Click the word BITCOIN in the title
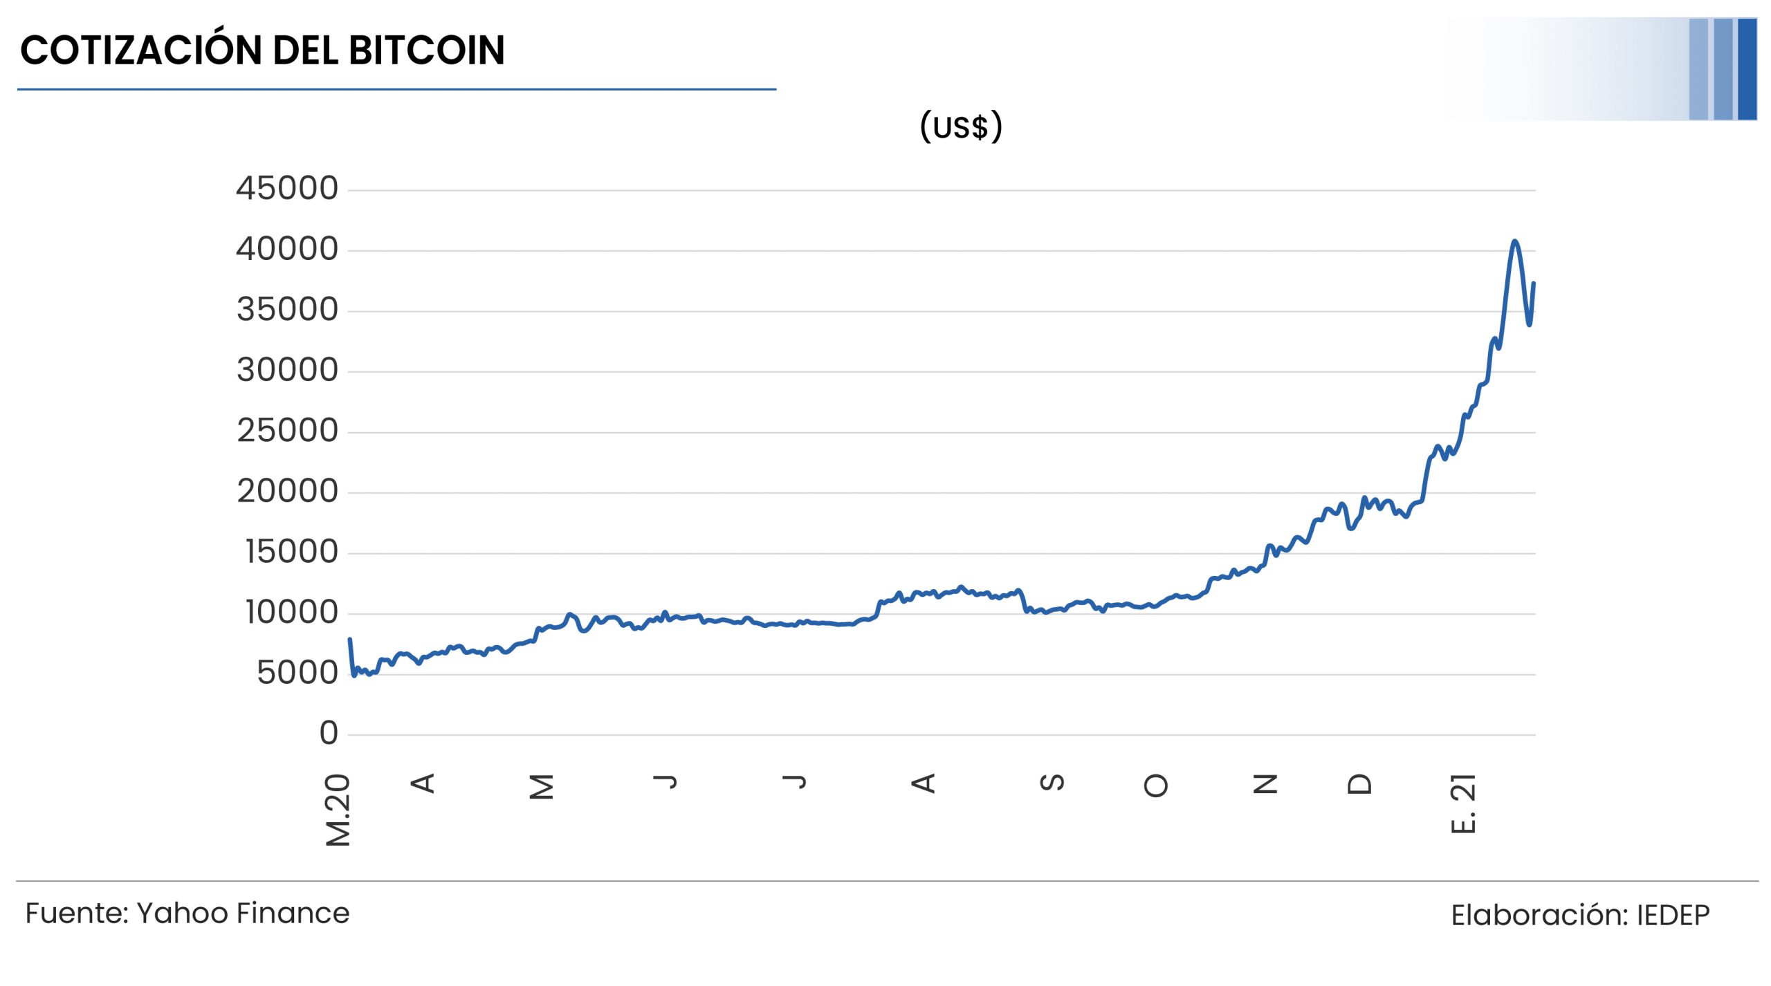(426, 50)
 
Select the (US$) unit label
(961, 127)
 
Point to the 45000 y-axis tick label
(287, 188)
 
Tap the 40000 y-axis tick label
(287, 249)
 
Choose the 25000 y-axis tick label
(288, 431)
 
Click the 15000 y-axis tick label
(292, 552)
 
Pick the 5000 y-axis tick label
(297, 673)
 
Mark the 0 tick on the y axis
(329, 733)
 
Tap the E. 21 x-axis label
(1462, 803)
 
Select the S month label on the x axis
(1052, 783)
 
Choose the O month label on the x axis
(1156, 785)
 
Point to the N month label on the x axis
(1265, 784)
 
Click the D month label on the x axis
(1359, 784)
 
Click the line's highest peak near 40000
(1515, 241)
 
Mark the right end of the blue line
(1534, 283)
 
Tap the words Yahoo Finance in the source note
(243, 913)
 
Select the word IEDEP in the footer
(1673, 915)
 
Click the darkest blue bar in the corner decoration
(1747, 69)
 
